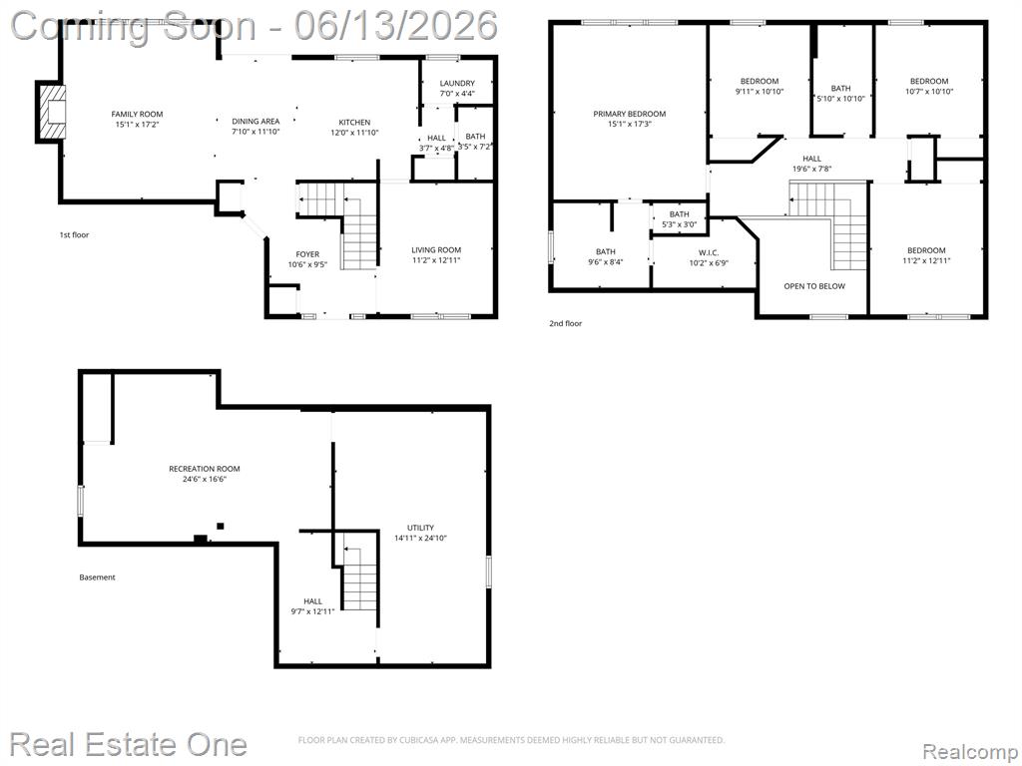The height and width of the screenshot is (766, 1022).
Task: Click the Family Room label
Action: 137,114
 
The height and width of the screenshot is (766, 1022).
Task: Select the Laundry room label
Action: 457,84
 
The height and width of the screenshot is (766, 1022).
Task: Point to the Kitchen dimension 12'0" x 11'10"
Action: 354,133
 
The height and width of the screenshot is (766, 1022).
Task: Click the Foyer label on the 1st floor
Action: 307,254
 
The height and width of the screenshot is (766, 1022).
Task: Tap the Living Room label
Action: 436,249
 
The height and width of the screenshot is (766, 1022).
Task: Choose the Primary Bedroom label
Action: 630,114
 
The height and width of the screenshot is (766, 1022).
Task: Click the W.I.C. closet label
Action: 709,252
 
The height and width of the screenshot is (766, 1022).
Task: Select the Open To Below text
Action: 814,286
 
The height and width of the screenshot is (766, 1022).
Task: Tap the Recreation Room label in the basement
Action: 204,469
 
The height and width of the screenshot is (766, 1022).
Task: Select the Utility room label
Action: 420,528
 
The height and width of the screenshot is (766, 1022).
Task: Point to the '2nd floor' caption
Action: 565,323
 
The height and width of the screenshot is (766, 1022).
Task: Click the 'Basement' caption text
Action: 97,577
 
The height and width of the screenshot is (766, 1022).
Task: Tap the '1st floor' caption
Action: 74,234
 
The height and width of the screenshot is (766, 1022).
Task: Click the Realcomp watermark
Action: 970,752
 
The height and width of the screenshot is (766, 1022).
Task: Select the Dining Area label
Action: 255,121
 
